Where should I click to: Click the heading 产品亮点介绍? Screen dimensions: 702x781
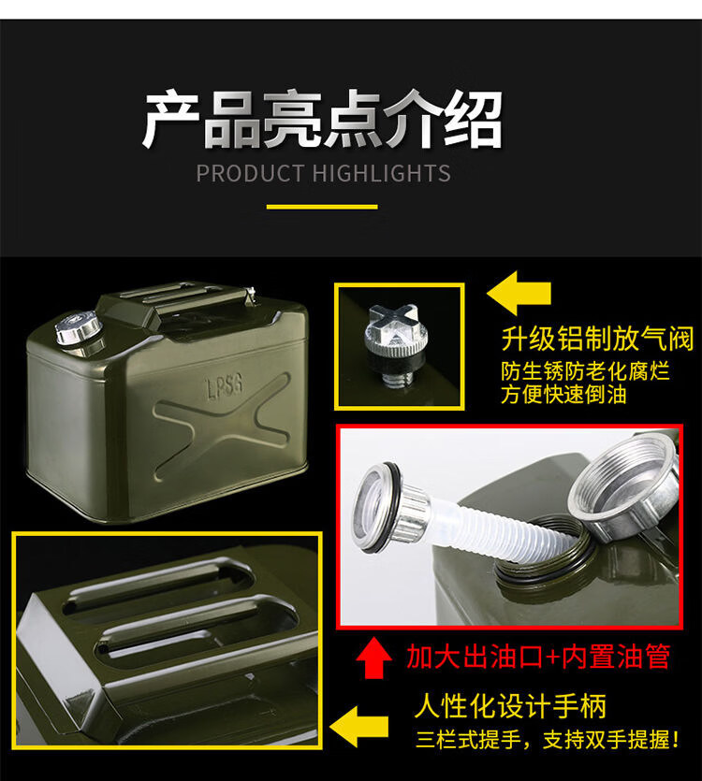tap(322, 119)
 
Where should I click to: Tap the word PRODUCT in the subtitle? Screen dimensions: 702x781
tap(250, 173)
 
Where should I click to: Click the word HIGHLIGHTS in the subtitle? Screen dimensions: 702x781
tap(381, 173)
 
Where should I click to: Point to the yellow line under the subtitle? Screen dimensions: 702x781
tap(322, 207)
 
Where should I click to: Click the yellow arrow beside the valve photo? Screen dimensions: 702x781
tap(519, 294)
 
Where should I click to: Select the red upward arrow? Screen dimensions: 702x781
tap(374, 658)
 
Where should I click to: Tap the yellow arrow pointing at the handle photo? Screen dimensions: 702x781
tap(358, 726)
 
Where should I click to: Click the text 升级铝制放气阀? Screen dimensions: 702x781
tap(597, 340)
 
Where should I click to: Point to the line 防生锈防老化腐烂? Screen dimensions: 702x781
tap(585, 371)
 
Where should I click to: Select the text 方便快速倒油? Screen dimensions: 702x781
tap(563, 395)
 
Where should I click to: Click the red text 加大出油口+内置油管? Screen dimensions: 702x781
tap(538, 656)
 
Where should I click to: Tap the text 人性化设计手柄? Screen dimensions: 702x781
tap(510, 706)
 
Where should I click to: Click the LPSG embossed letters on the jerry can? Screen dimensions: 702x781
tap(225, 386)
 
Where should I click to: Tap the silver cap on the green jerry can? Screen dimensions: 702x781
tap(79, 327)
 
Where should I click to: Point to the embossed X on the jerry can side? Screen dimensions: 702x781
tap(222, 427)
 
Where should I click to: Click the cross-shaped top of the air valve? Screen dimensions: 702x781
tap(394, 324)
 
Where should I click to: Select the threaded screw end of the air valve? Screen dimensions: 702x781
tap(398, 379)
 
